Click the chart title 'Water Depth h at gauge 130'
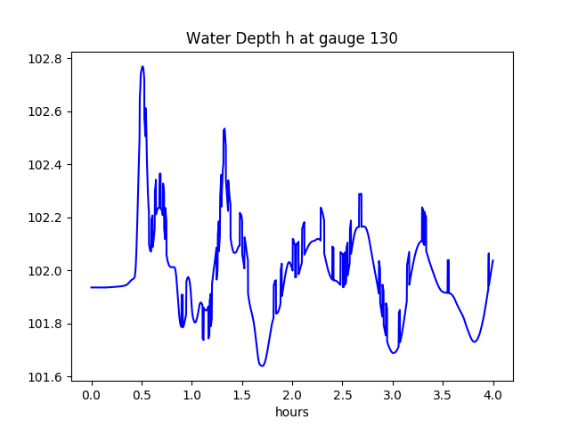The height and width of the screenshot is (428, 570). (x=291, y=38)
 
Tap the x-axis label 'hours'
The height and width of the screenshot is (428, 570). (x=291, y=413)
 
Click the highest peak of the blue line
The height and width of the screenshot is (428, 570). (x=142, y=66)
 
